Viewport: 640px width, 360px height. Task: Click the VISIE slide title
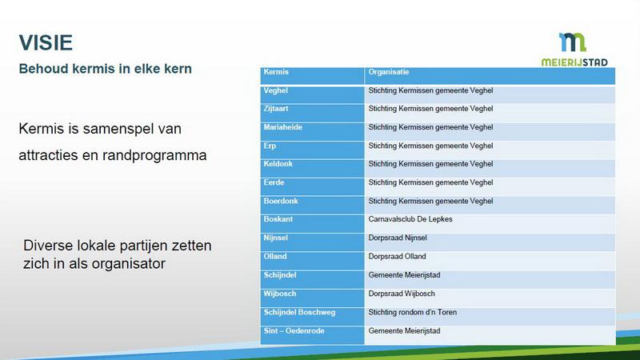46,42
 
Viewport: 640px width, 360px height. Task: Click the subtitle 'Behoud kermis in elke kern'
105,70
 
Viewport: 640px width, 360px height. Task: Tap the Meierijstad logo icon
573,42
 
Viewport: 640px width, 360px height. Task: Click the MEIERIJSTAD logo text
574,62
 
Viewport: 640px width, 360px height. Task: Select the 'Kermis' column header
276,73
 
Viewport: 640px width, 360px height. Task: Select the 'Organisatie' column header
389,73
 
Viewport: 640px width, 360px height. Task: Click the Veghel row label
276,90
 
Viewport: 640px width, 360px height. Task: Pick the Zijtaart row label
278,109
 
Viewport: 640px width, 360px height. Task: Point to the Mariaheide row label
283,127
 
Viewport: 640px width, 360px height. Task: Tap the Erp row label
270,146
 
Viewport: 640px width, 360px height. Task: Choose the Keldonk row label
279,164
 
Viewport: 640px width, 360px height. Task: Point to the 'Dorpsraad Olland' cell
398,257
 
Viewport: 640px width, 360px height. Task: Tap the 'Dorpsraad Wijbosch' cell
402,294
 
